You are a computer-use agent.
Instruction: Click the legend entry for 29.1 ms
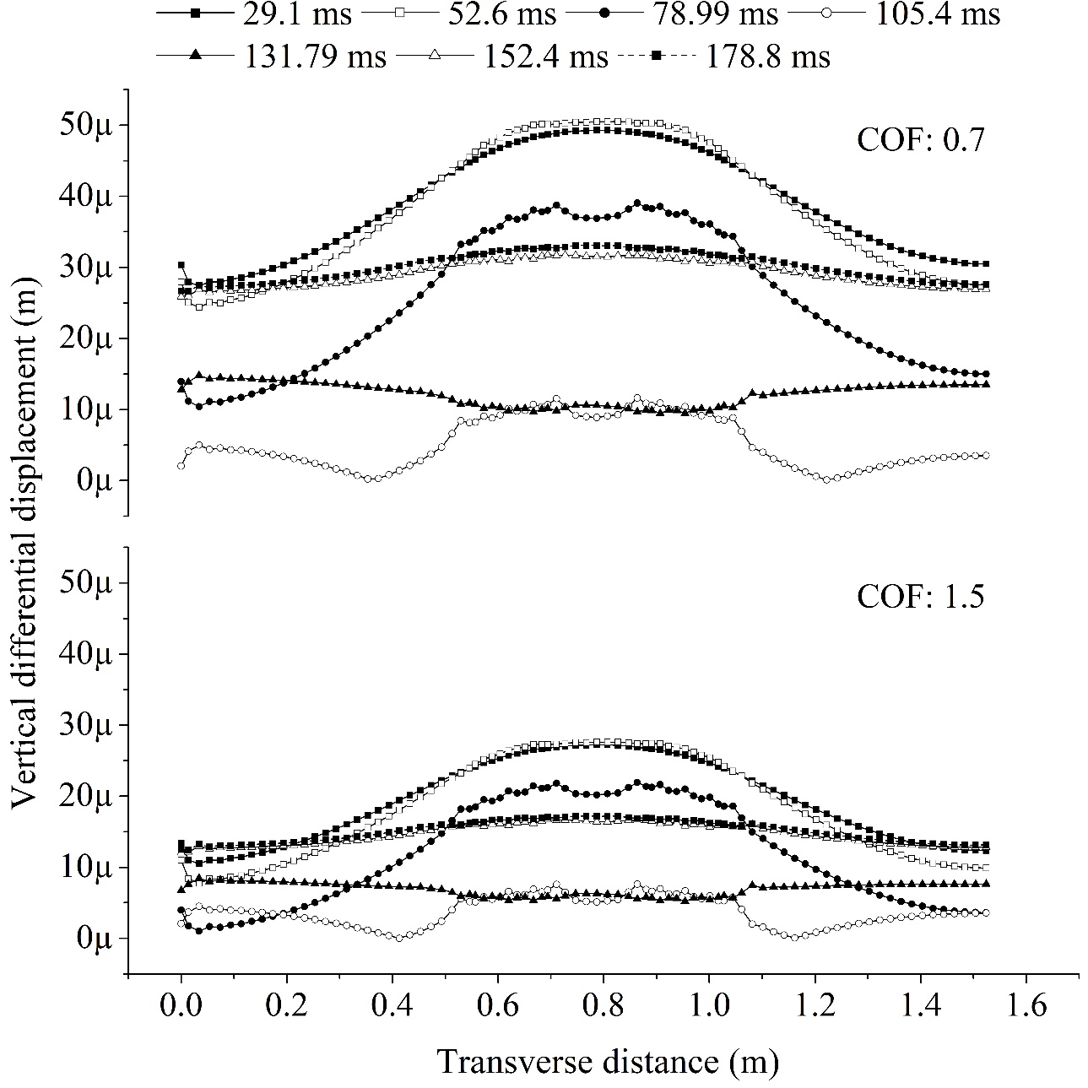[x=254, y=14]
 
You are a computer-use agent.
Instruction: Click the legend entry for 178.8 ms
[x=726, y=56]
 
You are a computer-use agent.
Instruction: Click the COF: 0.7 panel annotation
[x=921, y=140]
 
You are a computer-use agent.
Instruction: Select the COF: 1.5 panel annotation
[x=921, y=597]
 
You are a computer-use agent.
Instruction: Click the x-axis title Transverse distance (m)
[x=607, y=1061]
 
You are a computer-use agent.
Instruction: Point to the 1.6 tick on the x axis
[x=1026, y=1006]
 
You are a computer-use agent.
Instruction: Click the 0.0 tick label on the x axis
[x=181, y=1006]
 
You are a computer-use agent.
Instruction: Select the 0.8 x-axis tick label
[x=603, y=1006]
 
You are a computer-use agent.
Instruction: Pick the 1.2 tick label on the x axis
[x=815, y=1006]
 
